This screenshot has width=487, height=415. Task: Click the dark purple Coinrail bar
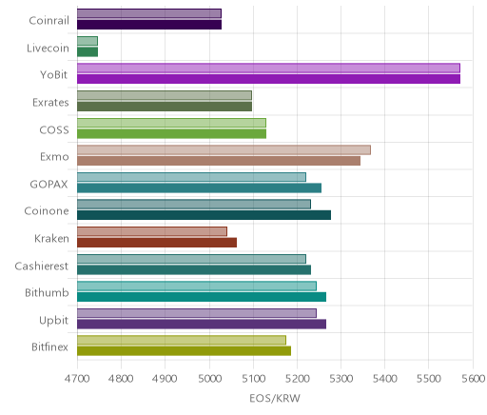pos(149,25)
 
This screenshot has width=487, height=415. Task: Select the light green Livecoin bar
pos(88,41)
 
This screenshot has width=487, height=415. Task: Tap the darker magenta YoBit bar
pos(268,79)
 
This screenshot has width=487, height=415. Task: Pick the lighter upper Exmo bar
pos(224,149)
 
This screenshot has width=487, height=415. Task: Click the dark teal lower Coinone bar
pos(204,215)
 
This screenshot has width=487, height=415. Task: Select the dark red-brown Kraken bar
pos(157,243)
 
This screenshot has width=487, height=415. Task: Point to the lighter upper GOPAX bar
pos(191,177)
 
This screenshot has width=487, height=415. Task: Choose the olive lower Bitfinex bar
pos(184,351)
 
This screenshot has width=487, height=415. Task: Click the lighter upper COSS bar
pos(171,123)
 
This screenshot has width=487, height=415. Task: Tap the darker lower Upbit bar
pos(202,325)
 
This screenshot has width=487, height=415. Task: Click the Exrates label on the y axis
pos(50,103)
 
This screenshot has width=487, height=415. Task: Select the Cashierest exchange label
pos(42,266)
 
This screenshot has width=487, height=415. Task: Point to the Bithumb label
pos(47,292)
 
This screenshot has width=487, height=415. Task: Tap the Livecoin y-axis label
pos(48,49)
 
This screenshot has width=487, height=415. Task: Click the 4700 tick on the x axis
pos(77,379)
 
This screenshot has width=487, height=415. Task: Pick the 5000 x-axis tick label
pos(209,379)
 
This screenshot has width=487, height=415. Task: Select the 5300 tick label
pos(341,379)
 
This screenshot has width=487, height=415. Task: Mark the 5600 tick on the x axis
pos(473,379)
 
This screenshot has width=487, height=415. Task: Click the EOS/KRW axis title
pos(275,399)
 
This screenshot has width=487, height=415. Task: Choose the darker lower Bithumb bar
pos(202,297)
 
